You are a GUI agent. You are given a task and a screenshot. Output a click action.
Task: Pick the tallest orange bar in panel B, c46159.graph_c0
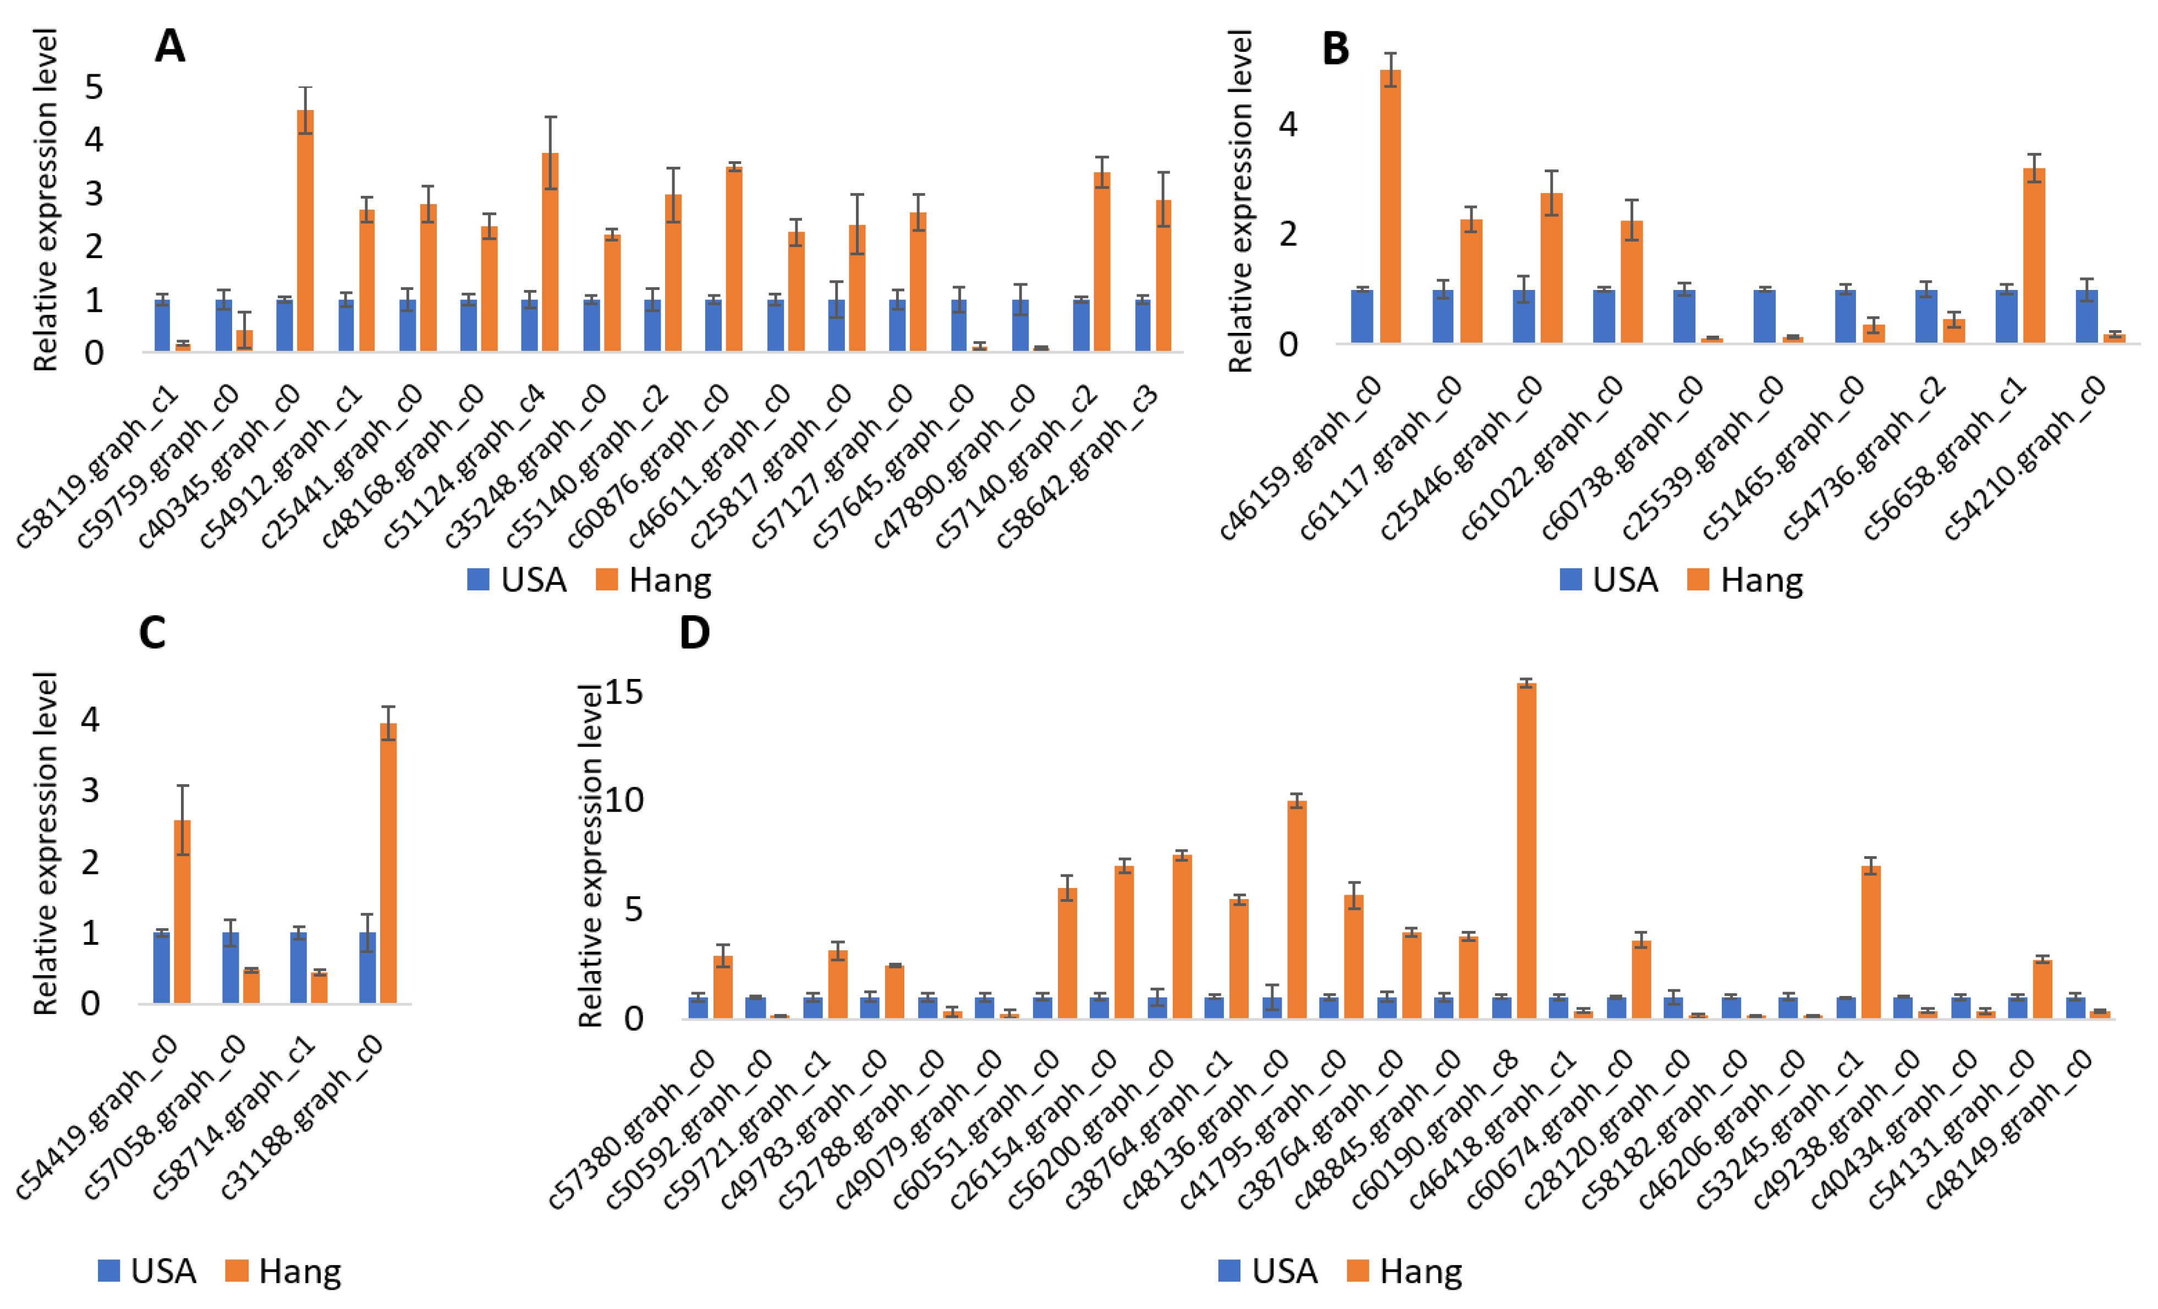[x=1390, y=206]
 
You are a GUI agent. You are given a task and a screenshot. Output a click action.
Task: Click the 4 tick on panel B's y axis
[x=1287, y=124]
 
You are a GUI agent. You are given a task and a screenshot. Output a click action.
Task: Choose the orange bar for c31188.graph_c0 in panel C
[x=387, y=863]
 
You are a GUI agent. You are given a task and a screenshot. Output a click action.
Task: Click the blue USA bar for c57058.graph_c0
[x=230, y=967]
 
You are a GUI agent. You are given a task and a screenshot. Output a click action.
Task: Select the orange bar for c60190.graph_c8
[x=1525, y=850]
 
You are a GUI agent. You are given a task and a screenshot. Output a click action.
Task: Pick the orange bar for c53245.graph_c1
[x=1870, y=942]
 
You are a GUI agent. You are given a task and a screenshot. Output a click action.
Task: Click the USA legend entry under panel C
[x=147, y=1270]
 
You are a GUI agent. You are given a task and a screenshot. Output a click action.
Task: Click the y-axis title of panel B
[x=1240, y=201]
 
